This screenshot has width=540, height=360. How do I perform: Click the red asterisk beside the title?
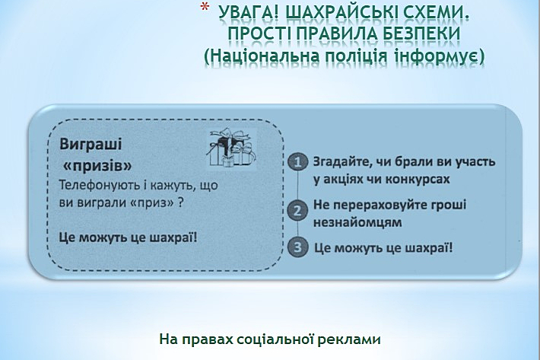coord(205,8)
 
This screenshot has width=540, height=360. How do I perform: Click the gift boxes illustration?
coord(232,148)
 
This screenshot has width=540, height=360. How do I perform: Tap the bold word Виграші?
coord(91,145)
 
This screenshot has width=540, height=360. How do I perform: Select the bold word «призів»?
coord(98,166)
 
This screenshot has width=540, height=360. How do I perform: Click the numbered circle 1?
coord(298,161)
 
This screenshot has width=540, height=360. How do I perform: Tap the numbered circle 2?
coord(298,210)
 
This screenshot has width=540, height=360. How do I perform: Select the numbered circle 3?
coord(298,247)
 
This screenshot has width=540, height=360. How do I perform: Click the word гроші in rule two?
coord(449,205)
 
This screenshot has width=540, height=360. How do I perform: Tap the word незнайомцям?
coord(357,222)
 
